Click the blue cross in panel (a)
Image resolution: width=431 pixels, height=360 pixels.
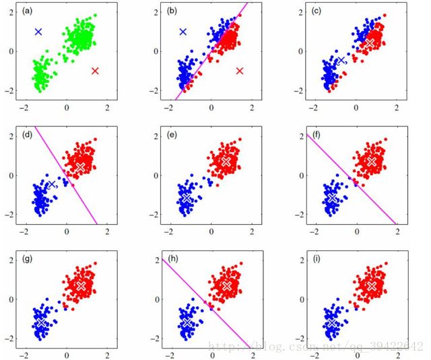coord(38,32)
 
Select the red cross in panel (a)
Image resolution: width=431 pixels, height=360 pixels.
coord(95,71)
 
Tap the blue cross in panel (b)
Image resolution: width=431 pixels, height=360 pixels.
coord(183,32)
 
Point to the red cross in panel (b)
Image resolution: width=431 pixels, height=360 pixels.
coord(240,71)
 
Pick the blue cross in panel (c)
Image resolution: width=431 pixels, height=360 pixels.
coord(341,60)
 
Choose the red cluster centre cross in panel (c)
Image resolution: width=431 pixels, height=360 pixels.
coord(370,42)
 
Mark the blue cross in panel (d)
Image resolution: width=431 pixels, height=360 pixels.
coord(52,184)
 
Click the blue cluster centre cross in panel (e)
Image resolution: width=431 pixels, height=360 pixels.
coord(187,198)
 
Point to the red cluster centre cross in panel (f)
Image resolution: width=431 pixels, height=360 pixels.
coord(371,161)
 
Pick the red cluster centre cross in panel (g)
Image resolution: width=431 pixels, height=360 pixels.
coord(81,285)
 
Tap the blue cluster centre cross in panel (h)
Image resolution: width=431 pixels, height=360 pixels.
coord(187,323)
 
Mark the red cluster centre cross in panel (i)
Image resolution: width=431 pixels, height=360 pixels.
coord(371,285)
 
